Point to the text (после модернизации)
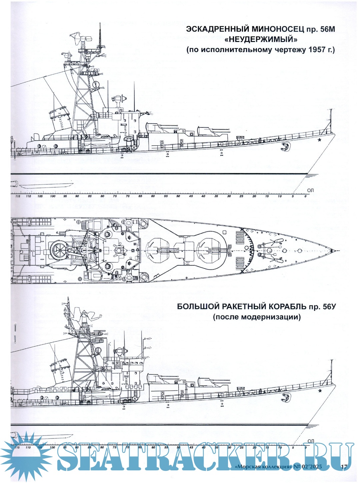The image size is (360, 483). [257, 317]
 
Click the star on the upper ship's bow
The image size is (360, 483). [319, 140]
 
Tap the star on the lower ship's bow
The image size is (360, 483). [320, 391]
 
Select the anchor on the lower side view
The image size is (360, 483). [286, 396]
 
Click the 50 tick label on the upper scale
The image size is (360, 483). [178, 196]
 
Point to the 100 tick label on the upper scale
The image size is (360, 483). [52, 196]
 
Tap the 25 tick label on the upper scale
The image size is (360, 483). [241, 196]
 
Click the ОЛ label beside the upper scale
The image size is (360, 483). [310, 190]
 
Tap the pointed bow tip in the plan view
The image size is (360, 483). [333, 250]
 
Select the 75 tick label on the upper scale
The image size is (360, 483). [115, 196]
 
